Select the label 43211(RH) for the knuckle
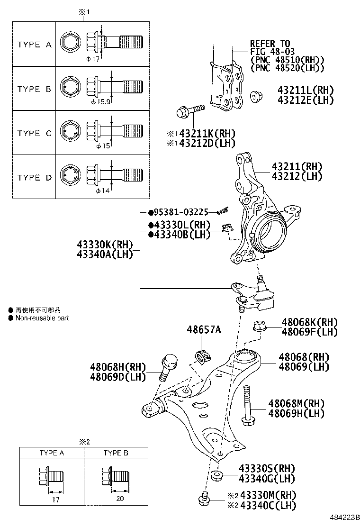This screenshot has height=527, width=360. pyautogui.click(x=297, y=167)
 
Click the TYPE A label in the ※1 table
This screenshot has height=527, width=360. pyautogui.click(x=34, y=45)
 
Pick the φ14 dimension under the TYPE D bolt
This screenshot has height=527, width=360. pyautogui.click(x=102, y=191)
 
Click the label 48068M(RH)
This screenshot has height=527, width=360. pyautogui.click(x=296, y=404)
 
